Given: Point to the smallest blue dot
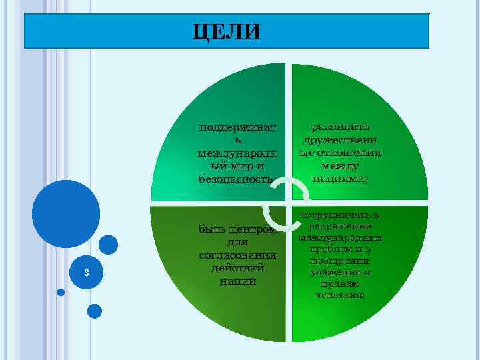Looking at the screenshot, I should point(61,292).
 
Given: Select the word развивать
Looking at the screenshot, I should point(339,127).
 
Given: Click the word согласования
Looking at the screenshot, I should point(237,255).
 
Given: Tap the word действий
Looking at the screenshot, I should point(237,268).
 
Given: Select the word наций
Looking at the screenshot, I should point(237,281).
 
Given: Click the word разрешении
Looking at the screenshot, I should point(339,227).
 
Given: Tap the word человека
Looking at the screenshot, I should point(339,295).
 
